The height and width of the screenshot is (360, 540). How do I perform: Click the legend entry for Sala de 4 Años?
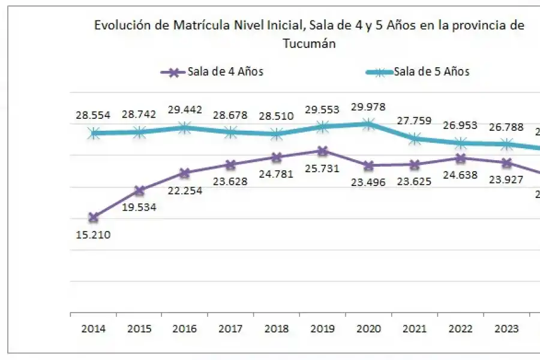pyautogui.click(x=212, y=71)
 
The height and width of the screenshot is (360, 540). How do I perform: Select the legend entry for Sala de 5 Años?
pyautogui.click(x=418, y=71)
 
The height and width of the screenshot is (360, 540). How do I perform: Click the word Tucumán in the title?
pyautogui.click(x=309, y=44)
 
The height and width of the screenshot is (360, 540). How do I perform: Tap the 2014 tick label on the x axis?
pyautogui.click(x=93, y=329)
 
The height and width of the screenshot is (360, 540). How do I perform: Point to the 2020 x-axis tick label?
pyautogui.click(x=368, y=329)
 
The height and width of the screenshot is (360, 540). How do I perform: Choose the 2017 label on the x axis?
pyautogui.click(x=230, y=329)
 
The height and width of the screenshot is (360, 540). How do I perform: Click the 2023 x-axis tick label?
pyautogui.click(x=506, y=329)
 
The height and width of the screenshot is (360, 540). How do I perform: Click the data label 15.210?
pyautogui.click(x=93, y=234)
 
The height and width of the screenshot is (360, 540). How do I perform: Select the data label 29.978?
pyautogui.click(x=368, y=107)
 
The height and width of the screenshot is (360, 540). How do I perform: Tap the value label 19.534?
pyautogui.click(x=139, y=208)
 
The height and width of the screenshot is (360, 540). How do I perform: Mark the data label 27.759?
pyautogui.click(x=415, y=121)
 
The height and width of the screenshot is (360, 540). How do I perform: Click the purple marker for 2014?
pyautogui.click(x=93, y=217)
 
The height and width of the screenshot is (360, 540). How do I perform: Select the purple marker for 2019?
pyautogui.click(x=323, y=151)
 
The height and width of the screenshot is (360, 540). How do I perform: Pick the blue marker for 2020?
pyautogui.click(x=368, y=124)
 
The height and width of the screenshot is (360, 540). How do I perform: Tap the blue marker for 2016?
pyautogui.click(x=185, y=127)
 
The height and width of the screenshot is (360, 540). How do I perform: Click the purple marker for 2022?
pyautogui.click(x=460, y=158)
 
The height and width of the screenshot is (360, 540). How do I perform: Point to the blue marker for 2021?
pyautogui.click(x=415, y=139)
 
